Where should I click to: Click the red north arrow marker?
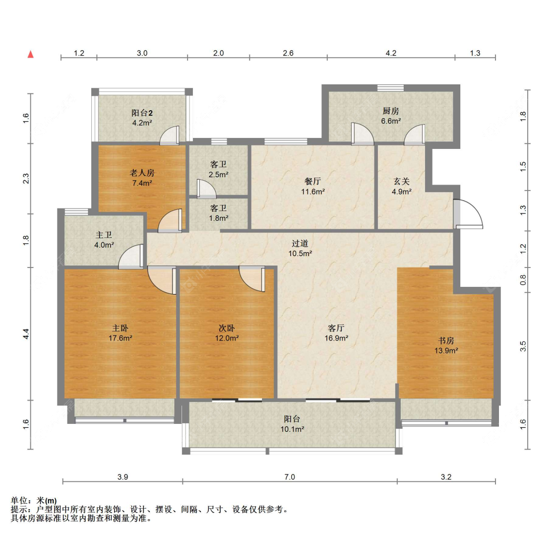pyautogui.click(x=31, y=54)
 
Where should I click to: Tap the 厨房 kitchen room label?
pyautogui.click(x=391, y=111)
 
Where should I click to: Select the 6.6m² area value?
pyautogui.click(x=391, y=121)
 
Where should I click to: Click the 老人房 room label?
pyautogui.click(x=142, y=173)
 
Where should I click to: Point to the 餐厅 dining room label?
pyautogui.click(x=312, y=181)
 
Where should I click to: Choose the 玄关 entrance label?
pyautogui.click(x=401, y=181)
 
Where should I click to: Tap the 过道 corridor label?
pyautogui.click(x=300, y=244)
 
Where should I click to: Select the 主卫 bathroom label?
pyautogui.click(x=104, y=235)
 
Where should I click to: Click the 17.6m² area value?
pyautogui.click(x=121, y=338)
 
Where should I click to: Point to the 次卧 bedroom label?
pyautogui.click(x=226, y=328)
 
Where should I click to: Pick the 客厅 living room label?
pyautogui.click(x=336, y=328)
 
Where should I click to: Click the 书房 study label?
pyautogui.click(x=446, y=340)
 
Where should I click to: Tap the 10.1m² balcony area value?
pyautogui.click(x=292, y=429)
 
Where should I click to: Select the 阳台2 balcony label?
pyautogui.click(x=142, y=113)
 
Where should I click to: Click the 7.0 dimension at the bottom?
pyautogui.click(x=290, y=477)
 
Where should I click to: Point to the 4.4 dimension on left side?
pyautogui.click(x=26, y=334)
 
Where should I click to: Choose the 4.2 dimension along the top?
pyautogui.click(x=391, y=53)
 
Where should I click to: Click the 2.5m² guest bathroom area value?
pyautogui.click(x=218, y=175)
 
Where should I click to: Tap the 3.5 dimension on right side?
pyautogui.click(x=523, y=346)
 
